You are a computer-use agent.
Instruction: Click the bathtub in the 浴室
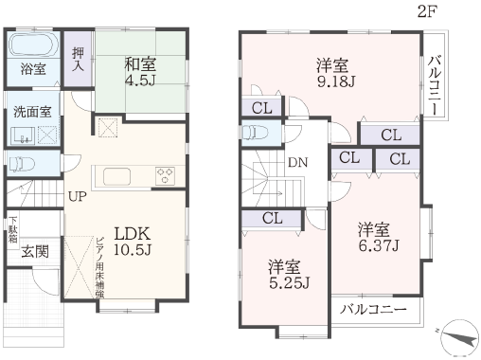tap(33, 45)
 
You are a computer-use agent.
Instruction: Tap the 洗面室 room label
tap(32, 112)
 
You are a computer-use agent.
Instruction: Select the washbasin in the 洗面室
tap(23, 135)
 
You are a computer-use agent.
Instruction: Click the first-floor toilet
tap(22, 164)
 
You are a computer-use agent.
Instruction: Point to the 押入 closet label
tap(78, 59)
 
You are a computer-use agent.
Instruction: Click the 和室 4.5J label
tap(140, 72)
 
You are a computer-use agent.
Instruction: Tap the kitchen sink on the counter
tap(116, 176)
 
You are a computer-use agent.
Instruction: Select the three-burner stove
tap(165, 176)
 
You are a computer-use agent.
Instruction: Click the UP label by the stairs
tap(78, 197)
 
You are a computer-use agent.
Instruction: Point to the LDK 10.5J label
tap(133, 242)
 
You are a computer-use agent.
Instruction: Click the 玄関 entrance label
tap(35, 252)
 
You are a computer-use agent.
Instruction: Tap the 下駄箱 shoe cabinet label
tap(13, 229)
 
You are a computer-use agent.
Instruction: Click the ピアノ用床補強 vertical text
tap(100, 267)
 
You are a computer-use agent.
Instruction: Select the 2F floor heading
tap(427, 11)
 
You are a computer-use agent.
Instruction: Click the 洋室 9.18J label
tap(336, 73)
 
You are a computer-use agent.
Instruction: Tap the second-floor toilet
tap(255, 133)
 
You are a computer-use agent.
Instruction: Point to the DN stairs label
tap(297, 163)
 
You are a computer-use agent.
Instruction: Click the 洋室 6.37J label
tap(379, 237)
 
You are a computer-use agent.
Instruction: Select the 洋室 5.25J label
tap(289, 275)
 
